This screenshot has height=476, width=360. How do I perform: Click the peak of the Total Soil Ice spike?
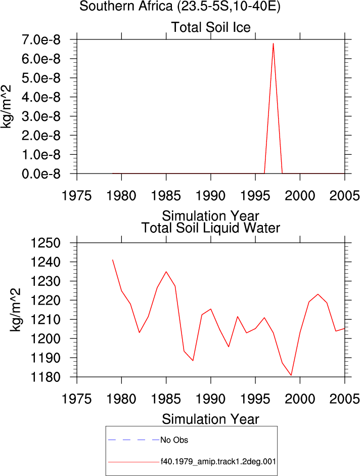273,43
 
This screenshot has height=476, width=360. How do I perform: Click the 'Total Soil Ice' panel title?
211,27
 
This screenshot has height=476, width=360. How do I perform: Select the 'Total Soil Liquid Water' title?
211,228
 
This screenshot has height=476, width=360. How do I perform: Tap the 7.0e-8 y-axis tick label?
41,39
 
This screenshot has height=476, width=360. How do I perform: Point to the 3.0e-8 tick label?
41,116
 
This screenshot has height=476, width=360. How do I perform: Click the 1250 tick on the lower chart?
46,243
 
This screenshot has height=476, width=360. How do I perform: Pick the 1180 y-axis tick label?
46,377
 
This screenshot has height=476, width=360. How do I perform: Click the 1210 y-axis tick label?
46,319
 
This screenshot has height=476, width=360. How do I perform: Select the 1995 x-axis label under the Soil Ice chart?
255,196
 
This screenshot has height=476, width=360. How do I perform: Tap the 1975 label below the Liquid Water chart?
76,399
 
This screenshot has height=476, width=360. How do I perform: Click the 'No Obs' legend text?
174,440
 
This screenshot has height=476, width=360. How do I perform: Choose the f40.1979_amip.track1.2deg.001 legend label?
218,462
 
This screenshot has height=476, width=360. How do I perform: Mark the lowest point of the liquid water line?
291,375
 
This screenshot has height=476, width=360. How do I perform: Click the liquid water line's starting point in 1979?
113,260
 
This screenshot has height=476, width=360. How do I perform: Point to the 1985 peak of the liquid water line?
166,272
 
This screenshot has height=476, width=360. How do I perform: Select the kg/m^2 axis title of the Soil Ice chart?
6,107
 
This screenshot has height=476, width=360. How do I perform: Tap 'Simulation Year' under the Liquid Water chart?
210,419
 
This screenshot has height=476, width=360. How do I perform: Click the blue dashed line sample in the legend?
134,440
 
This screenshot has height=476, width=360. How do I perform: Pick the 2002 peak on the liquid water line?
318,294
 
